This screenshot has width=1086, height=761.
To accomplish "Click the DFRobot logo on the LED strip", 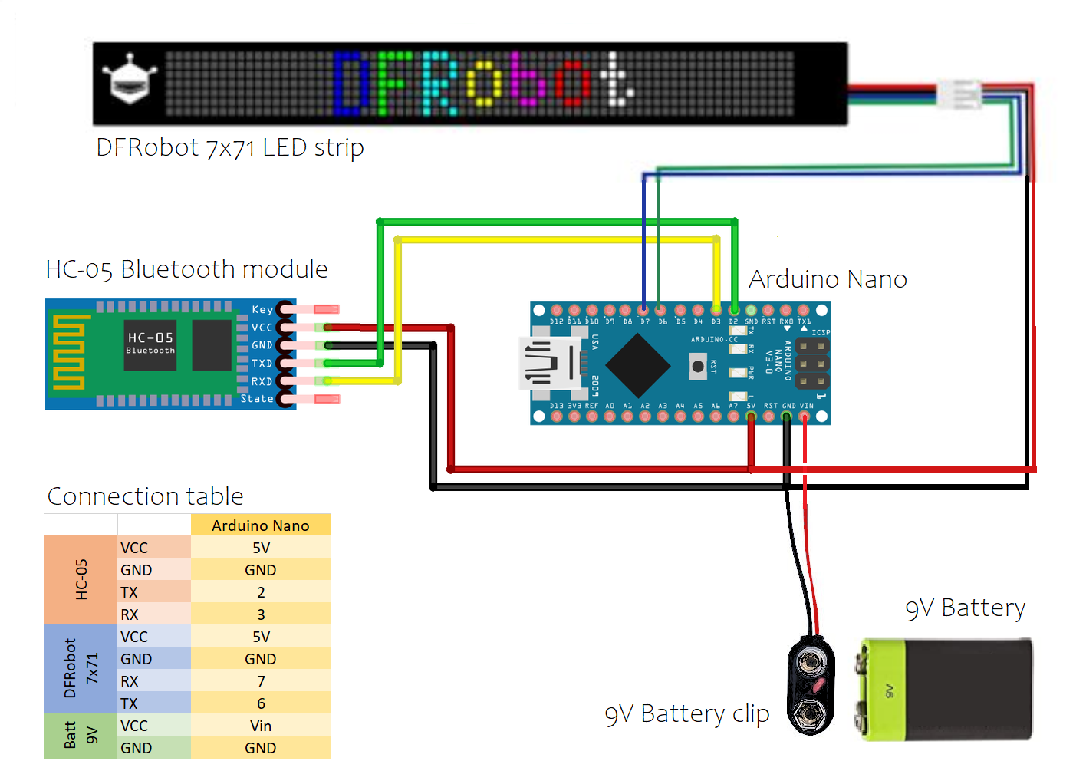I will point(129,80).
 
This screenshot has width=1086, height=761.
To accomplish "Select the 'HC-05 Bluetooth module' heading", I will point(186,269).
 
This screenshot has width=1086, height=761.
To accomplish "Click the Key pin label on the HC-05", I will point(262,309).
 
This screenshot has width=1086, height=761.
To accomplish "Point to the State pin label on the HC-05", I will point(257,399).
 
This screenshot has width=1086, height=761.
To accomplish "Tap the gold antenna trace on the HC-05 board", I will point(68,354).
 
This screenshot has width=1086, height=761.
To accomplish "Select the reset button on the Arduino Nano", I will point(698,366).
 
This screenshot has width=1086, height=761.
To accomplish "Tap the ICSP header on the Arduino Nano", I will point(811,363).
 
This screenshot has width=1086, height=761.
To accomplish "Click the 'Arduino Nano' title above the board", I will point(828,279).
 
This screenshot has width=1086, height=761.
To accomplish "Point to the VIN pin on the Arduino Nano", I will point(804,417).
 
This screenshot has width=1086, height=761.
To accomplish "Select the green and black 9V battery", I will point(944,688).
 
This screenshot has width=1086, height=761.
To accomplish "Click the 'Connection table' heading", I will point(146,496).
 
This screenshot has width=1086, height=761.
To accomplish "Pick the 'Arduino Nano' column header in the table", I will point(261,525).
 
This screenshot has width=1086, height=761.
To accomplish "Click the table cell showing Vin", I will point(261,726).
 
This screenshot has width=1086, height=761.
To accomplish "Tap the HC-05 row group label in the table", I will point(81,580).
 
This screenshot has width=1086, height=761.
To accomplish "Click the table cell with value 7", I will point(261,681).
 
